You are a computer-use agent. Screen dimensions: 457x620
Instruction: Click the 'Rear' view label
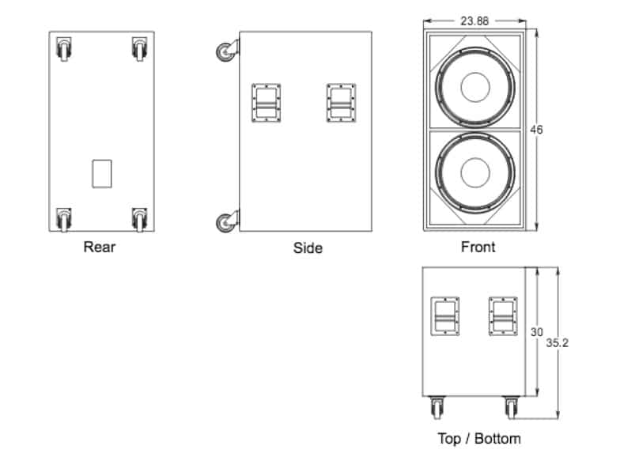(100, 247)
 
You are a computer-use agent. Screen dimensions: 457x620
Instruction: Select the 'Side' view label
(308, 248)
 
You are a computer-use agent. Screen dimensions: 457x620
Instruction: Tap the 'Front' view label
(478, 247)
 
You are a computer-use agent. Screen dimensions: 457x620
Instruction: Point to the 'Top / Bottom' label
(479, 438)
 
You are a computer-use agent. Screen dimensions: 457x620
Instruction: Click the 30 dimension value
(536, 332)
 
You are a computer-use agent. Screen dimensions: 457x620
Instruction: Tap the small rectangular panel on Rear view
(102, 174)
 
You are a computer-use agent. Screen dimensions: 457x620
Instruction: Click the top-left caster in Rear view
(63, 50)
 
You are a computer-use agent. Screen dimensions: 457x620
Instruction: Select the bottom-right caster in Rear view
(139, 219)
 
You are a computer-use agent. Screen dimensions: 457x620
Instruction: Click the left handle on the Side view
(267, 104)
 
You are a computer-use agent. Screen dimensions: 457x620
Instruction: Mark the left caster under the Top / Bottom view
(437, 408)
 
